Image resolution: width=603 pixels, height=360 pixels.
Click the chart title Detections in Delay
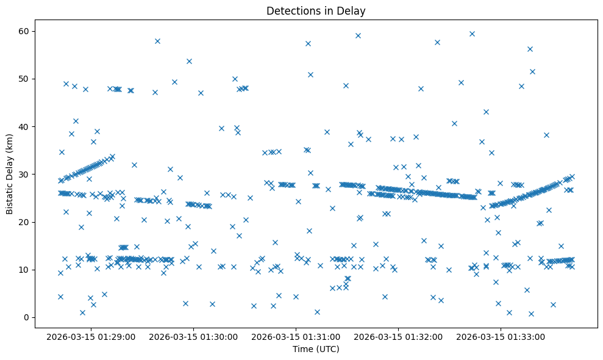point(316,10)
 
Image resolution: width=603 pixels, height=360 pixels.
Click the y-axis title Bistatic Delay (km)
point(10,173)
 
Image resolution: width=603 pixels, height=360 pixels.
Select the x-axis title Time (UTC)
point(316,349)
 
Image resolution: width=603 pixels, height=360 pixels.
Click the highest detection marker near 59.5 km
point(472,34)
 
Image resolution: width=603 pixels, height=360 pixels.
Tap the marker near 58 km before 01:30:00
point(157,41)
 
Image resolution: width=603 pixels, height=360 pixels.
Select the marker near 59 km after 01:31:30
point(358,35)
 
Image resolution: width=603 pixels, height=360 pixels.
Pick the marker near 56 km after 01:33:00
point(530,49)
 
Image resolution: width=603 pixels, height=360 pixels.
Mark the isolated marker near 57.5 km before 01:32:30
point(437,42)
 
